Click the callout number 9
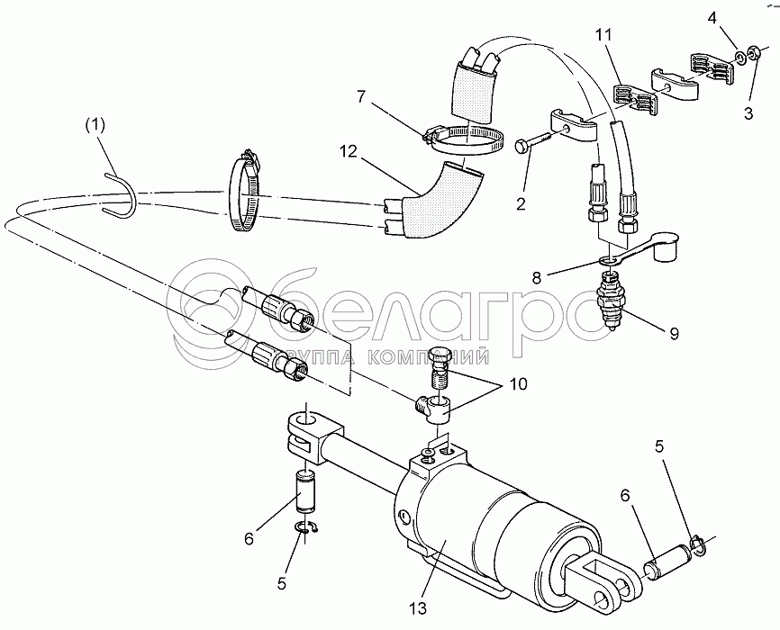(673, 333)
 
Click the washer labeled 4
(739, 58)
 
